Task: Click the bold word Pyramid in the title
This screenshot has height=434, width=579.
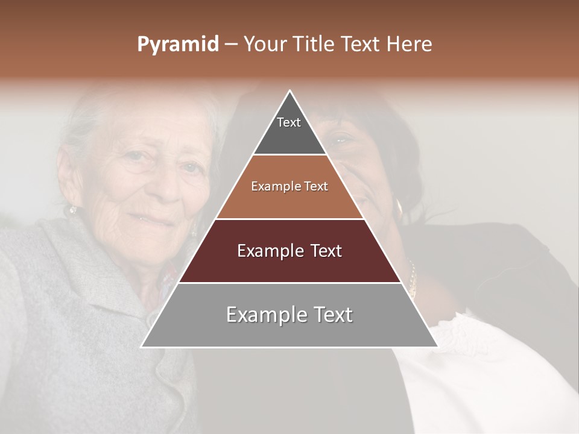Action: (177, 45)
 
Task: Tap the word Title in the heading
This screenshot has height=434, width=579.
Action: (315, 45)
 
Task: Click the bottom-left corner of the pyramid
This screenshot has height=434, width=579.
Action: (142, 347)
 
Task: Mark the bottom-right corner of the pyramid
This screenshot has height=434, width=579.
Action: (437, 347)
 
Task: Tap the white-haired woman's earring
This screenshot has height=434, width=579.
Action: (73, 210)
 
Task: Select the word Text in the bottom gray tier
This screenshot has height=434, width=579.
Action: (331, 315)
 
